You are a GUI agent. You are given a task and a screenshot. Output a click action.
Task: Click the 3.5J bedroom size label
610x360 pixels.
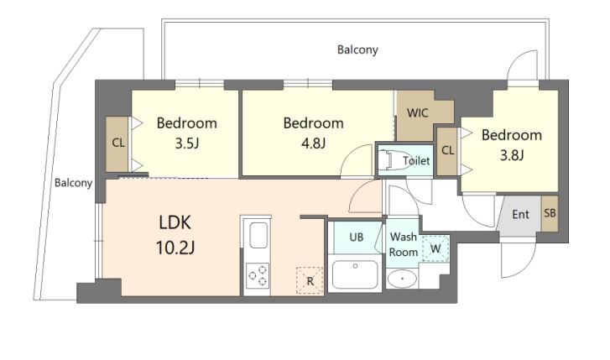[186, 143]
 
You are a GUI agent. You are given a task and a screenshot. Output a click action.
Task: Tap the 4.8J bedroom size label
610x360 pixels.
[312, 143]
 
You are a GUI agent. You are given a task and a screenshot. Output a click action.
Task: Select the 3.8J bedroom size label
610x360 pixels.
[511, 154]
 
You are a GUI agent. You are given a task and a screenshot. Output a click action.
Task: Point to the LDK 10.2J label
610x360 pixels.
[175, 234]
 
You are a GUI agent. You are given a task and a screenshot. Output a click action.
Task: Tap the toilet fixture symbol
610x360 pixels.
[392, 159]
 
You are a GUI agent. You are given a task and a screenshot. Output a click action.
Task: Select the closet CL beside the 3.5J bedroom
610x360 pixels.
[118, 143]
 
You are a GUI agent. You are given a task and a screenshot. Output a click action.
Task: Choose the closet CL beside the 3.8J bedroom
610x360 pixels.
[447, 151]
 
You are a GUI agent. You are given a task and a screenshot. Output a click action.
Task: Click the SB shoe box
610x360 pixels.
[550, 214]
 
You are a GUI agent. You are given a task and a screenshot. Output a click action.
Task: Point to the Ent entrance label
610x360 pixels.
[520, 215]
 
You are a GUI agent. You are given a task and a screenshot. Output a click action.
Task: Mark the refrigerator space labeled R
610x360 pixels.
[310, 280]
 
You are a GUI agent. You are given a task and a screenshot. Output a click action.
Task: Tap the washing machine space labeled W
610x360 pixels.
[435, 248]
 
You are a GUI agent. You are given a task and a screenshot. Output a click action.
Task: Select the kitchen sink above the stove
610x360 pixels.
[258, 235]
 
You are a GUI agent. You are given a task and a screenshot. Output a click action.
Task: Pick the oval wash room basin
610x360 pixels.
[402, 279]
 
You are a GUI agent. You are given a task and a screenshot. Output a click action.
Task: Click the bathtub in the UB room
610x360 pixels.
[354, 274]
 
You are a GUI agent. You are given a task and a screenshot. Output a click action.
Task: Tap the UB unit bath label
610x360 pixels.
[356, 237]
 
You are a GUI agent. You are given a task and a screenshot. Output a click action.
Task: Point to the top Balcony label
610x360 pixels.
[357, 50]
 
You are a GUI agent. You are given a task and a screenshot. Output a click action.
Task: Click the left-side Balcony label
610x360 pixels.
[73, 183]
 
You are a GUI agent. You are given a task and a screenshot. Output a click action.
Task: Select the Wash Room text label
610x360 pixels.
[404, 244]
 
